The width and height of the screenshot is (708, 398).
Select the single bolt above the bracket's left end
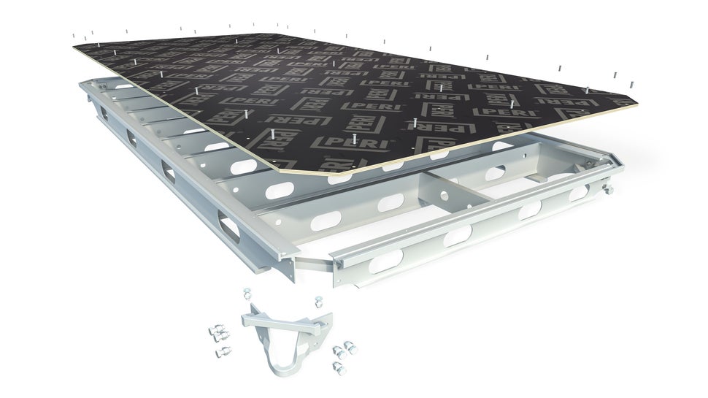click(x=247, y=295)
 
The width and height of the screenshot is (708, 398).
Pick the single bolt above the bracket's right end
click(x=318, y=301)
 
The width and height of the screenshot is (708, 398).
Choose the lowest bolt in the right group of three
click(x=337, y=364)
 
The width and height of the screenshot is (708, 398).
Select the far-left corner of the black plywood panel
click(x=76, y=47)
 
